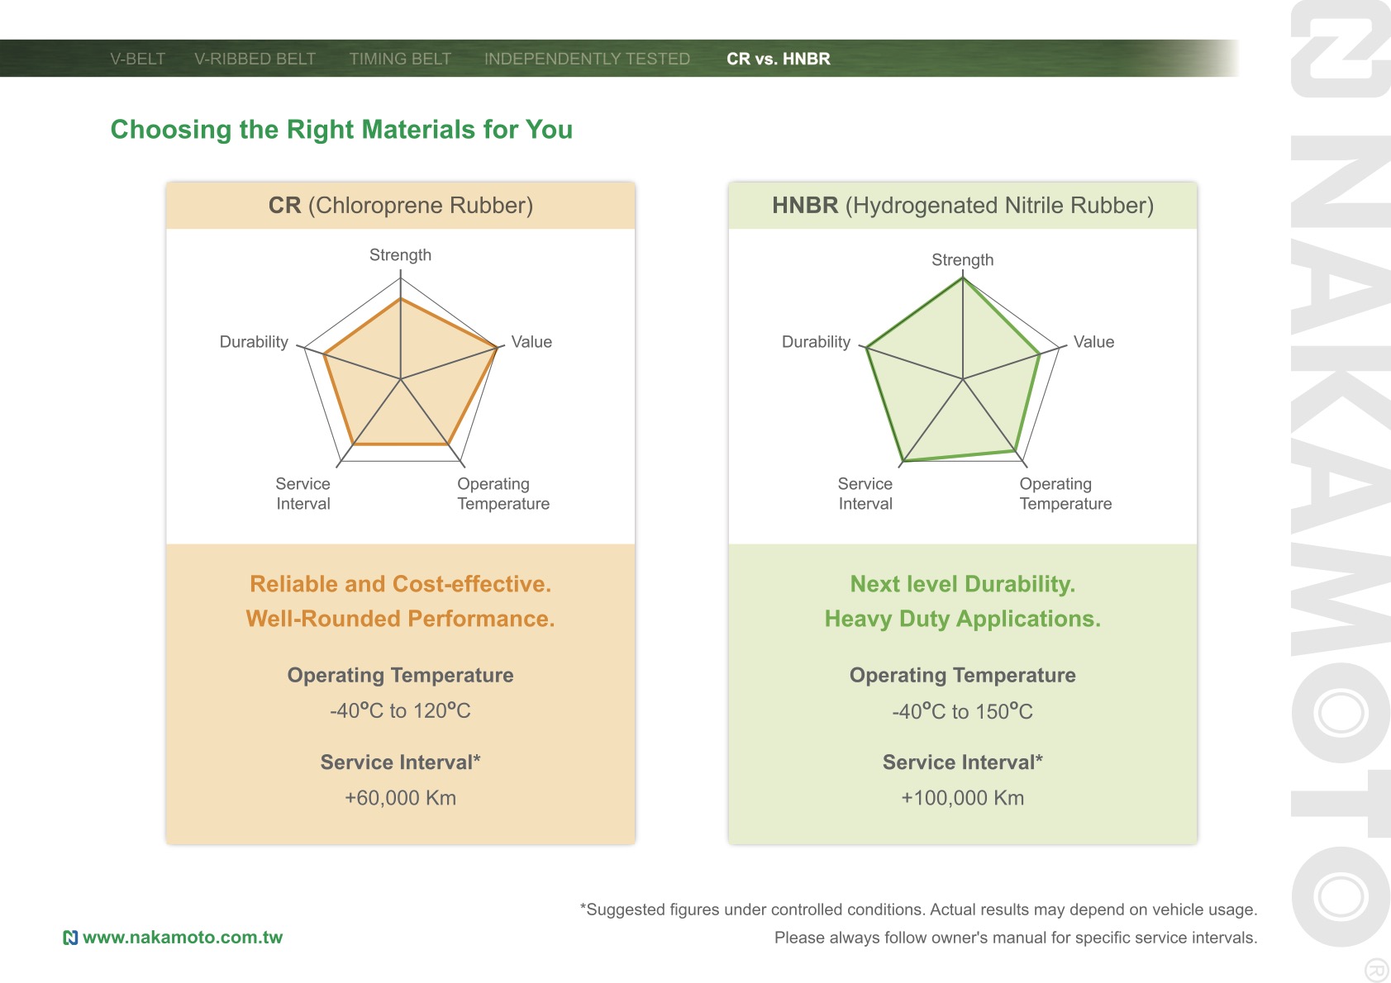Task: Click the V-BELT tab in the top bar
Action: (137, 59)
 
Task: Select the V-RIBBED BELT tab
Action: (255, 59)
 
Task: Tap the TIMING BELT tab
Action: (400, 59)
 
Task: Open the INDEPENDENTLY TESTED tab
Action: (587, 59)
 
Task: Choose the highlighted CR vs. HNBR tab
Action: (778, 59)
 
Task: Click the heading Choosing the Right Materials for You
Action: (341, 129)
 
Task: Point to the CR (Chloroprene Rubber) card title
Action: (401, 206)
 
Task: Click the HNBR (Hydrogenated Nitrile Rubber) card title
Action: (963, 206)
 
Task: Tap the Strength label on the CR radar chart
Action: (401, 255)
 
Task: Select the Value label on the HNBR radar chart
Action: (1093, 342)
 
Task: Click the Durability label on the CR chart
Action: (254, 342)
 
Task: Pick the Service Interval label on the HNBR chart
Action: (865, 493)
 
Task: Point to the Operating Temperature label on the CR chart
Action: (503, 493)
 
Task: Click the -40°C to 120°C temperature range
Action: (401, 710)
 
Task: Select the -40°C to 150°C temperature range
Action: (963, 711)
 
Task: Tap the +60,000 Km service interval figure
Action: (401, 797)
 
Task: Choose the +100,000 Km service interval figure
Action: (963, 797)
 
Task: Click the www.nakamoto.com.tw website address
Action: (183, 937)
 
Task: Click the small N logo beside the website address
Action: (71, 938)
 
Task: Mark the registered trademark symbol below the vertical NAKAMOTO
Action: (1377, 969)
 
